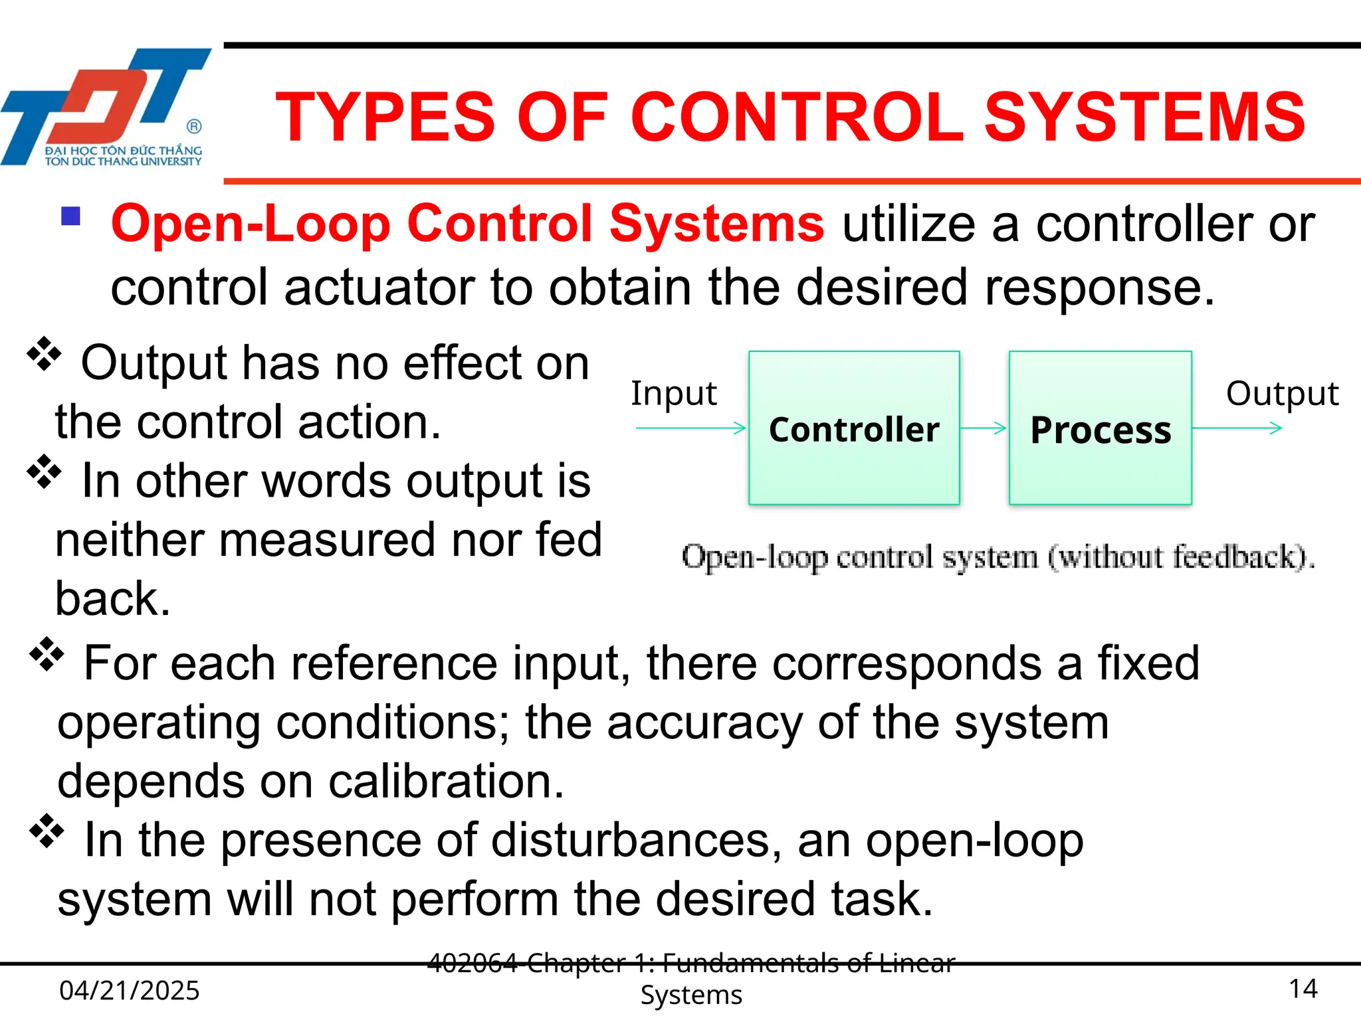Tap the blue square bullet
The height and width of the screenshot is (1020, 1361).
click(70, 216)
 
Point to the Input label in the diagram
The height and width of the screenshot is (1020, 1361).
click(673, 393)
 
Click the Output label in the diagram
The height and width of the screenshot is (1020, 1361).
click(1282, 393)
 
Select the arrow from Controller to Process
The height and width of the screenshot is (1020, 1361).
click(984, 428)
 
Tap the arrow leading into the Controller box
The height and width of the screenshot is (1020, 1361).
click(691, 428)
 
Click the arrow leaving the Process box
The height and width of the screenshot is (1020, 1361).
click(1237, 428)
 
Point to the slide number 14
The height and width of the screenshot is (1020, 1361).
click(1303, 989)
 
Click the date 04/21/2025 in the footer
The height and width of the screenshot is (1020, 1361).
click(130, 990)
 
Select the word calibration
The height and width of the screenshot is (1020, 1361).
click(445, 782)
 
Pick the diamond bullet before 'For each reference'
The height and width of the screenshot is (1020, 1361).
click(47, 655)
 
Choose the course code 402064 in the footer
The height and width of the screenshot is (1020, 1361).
click(472, 962)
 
